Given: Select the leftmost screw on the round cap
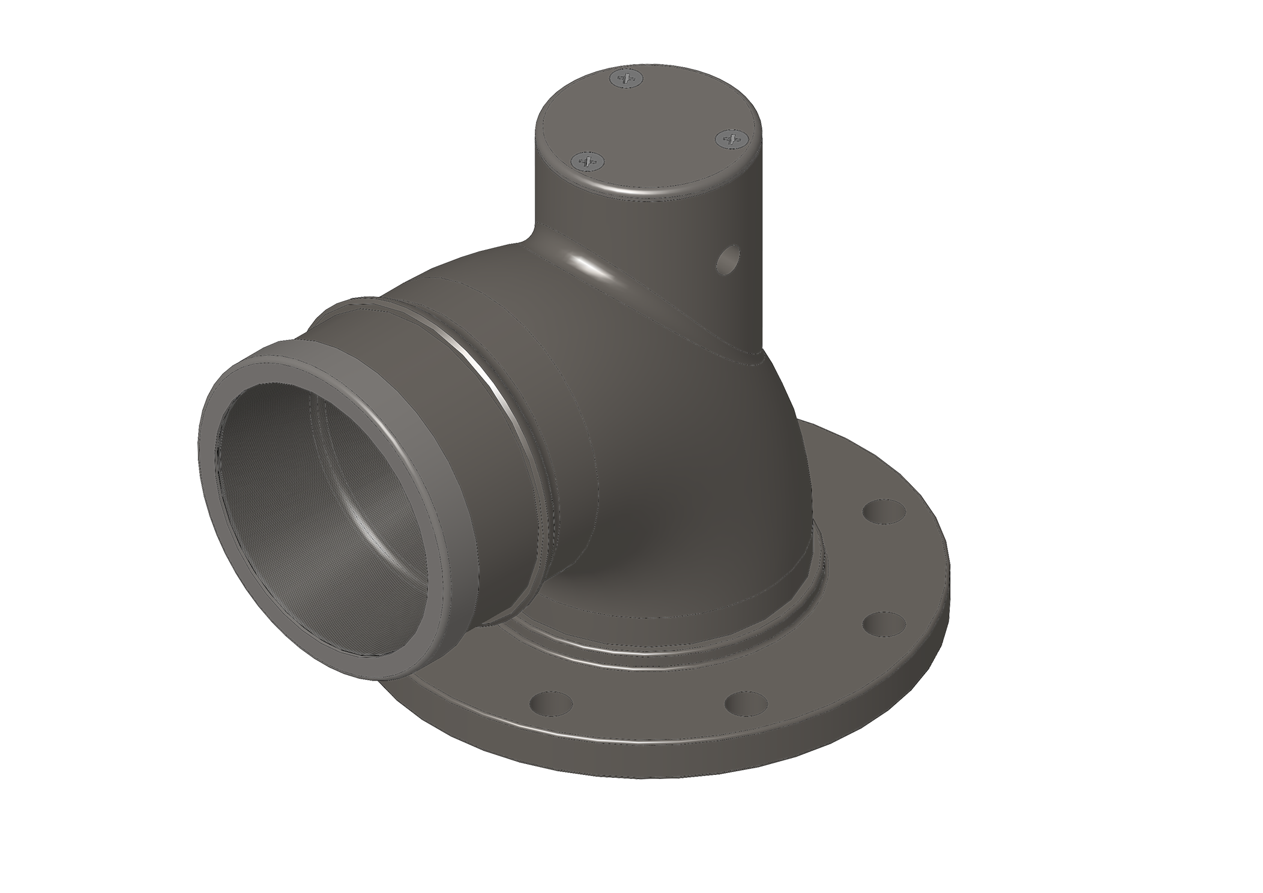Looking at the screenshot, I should (587, 160).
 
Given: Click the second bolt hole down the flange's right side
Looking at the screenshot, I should (883, 624).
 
